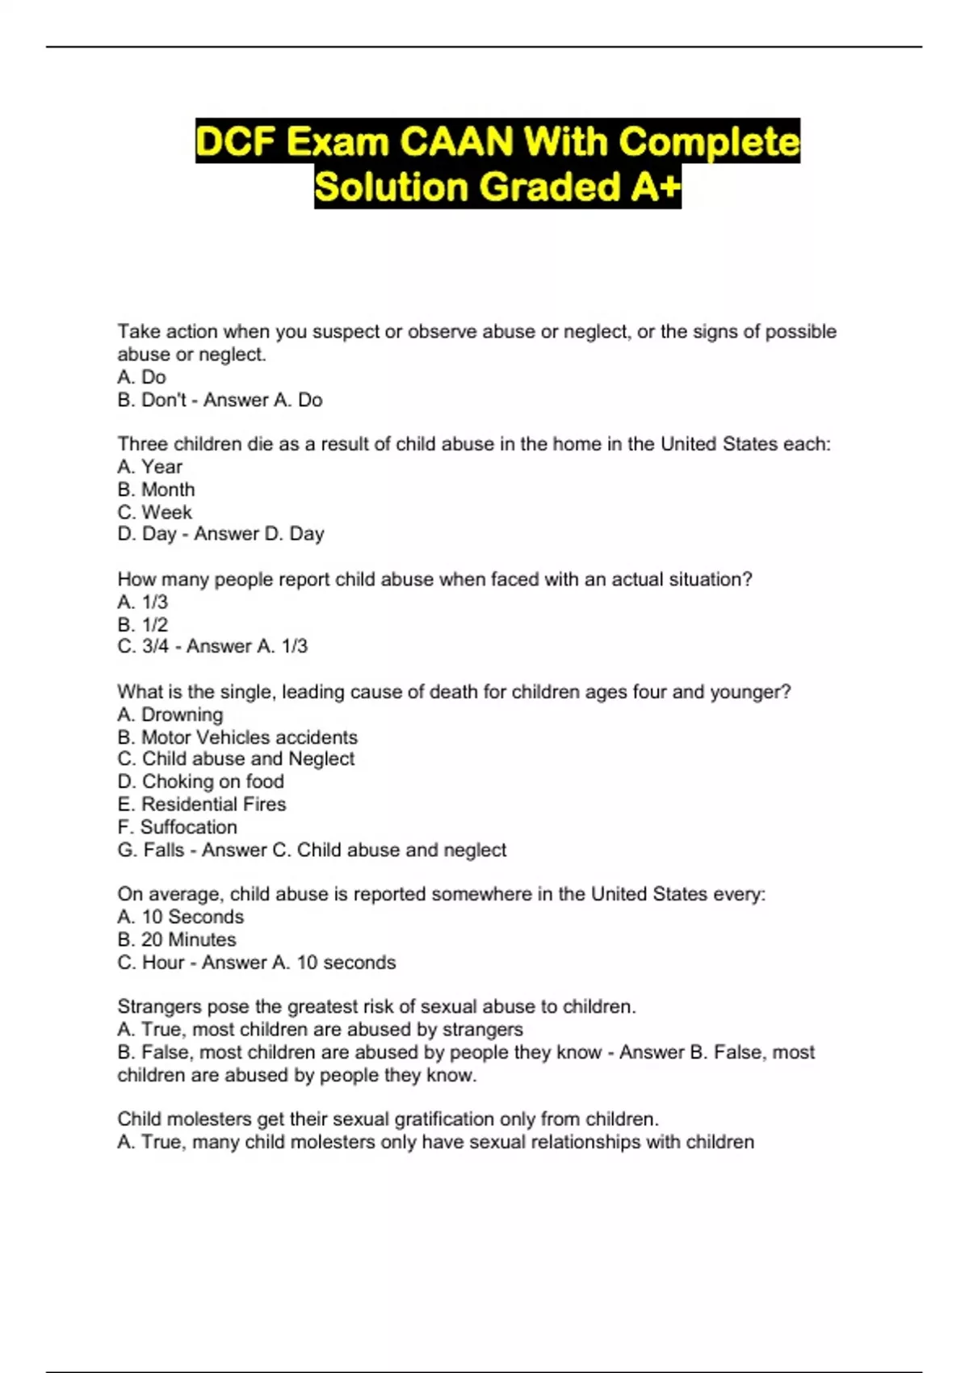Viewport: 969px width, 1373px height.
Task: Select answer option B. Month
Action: click(156, 489)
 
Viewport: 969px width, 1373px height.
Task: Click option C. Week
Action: click(154, 512)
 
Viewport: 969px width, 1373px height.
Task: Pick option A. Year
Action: click(149, 467)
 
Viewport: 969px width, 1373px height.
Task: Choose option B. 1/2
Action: click(143, 624)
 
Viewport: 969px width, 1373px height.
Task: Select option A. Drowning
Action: click(170, 715)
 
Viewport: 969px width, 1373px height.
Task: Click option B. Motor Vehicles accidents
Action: click(237, 737)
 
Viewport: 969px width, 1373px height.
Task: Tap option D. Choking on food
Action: click(201, 782)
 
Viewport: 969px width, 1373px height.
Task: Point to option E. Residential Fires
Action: click(202, 804)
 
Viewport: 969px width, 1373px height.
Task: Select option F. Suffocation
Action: click(178, 827)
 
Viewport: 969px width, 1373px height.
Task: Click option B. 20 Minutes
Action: click(177, 940)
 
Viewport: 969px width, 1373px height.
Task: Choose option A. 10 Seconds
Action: click(180, 917)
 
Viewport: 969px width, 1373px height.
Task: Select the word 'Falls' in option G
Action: click(164, 850)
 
